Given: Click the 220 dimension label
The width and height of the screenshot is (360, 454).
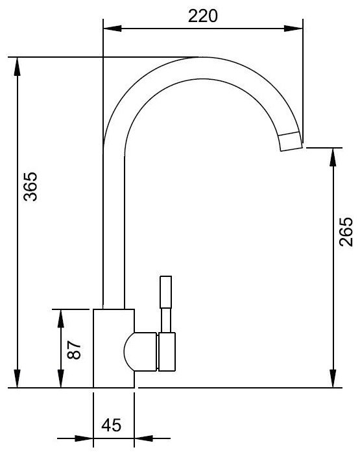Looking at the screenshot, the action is [202, 16].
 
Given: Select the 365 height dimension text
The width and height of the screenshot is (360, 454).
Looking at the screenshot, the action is [30, 187].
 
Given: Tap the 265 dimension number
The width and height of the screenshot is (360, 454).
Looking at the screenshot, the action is [346, 232].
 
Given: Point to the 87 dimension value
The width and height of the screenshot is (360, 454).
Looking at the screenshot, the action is [74, 350].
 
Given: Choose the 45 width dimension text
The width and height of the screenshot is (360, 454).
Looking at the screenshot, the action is [111, 425].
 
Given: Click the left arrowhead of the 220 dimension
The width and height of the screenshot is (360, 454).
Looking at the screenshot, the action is [112, 29].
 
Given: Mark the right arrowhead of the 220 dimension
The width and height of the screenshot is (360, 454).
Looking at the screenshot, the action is [293, 29].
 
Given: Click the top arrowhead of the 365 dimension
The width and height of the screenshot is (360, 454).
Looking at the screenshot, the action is [18, 67].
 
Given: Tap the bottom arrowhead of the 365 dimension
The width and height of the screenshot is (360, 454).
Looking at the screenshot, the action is [18, 378].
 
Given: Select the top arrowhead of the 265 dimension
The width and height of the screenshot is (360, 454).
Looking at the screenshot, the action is [333, 157].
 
